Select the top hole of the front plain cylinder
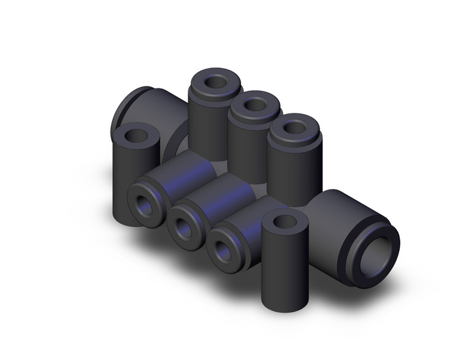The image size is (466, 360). pos(284,221)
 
